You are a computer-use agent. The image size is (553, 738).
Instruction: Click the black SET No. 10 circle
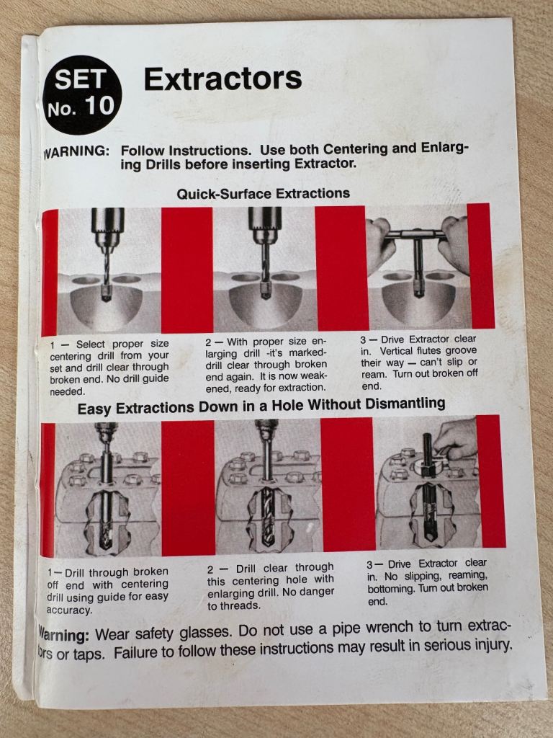(x=82, y=94)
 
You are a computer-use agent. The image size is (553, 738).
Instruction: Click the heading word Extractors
(x=223, y=79)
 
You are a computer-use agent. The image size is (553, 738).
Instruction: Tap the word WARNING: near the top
(x=76, y=152)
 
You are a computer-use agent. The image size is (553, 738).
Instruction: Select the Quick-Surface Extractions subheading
(x=264, y=193)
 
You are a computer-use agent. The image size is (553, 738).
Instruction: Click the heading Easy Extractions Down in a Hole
(x=261, y=405)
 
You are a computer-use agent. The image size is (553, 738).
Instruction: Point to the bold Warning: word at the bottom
(x=63, y=636)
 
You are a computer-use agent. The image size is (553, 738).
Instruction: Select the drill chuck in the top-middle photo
(x=265, y=226)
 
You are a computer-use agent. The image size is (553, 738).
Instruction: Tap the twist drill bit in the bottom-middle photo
(x=268, y=516)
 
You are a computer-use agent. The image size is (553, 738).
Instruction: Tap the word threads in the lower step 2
(x=240, y=605)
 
